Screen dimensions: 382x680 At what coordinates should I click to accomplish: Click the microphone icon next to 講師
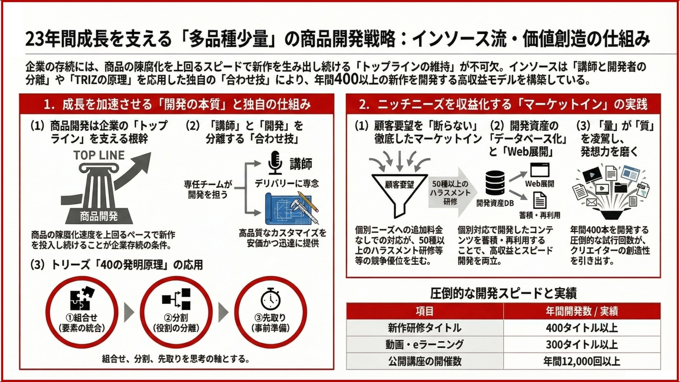tap(275, 163)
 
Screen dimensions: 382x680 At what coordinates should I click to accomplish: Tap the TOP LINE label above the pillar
tap(99, 155)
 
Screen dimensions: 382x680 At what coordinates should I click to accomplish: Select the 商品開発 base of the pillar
tap(99, 216)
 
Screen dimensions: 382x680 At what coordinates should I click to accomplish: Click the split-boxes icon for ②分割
tap(176, 299)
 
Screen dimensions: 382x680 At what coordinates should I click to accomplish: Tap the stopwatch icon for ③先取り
tap(271, 299)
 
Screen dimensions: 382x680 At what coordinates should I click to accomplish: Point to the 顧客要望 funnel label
tap(399, 184)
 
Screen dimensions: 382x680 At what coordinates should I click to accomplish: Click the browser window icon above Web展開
tap(540, 170)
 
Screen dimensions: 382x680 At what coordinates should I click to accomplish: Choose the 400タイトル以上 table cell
tap(582, 328)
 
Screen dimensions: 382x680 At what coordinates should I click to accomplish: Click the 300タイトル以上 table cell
tap(582, 344)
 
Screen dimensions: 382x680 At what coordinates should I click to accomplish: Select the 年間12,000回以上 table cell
tap(582, 361)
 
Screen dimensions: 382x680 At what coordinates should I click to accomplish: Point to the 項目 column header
tap(425, 311)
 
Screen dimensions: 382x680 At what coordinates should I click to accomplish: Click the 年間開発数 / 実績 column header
tap(582, 311)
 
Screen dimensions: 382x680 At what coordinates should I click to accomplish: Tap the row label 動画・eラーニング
tap(425, 344)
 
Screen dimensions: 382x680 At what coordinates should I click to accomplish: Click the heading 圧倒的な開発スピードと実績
tap(503, 293)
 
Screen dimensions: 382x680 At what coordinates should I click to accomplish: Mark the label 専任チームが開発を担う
tap(208, 189)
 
